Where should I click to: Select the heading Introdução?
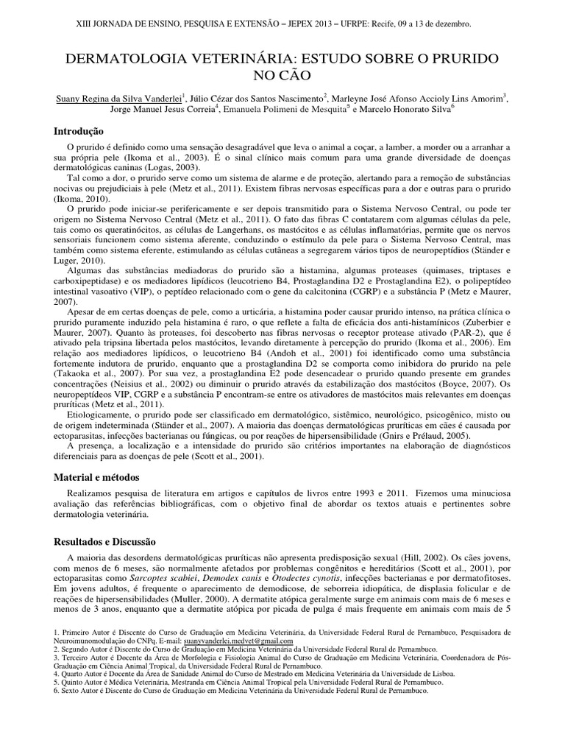(x=79, y=131)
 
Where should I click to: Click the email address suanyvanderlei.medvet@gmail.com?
(x=236, y=641)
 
